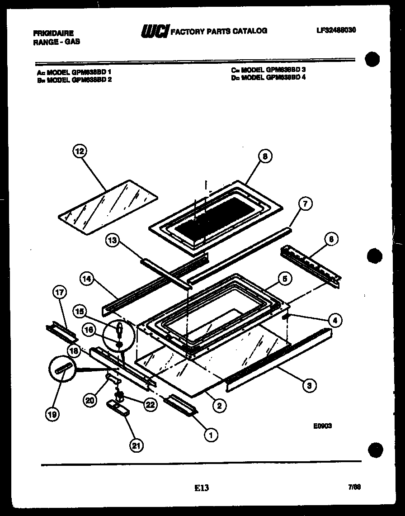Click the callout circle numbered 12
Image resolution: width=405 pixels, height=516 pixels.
pos(80,152)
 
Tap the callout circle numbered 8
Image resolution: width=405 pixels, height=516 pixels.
pos(265,156)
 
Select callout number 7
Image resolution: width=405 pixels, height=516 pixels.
pos(305,204)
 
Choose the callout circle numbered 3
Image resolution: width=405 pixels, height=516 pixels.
pos(309,385)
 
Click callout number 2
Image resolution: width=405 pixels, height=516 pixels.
pos(219,406)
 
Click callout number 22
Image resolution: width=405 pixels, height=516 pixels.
pos(150,405)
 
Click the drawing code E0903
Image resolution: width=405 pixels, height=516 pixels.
pos(322,425)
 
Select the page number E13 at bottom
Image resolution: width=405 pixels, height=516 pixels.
pos(202,488)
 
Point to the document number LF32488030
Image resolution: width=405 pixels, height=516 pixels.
pos(336,30)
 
